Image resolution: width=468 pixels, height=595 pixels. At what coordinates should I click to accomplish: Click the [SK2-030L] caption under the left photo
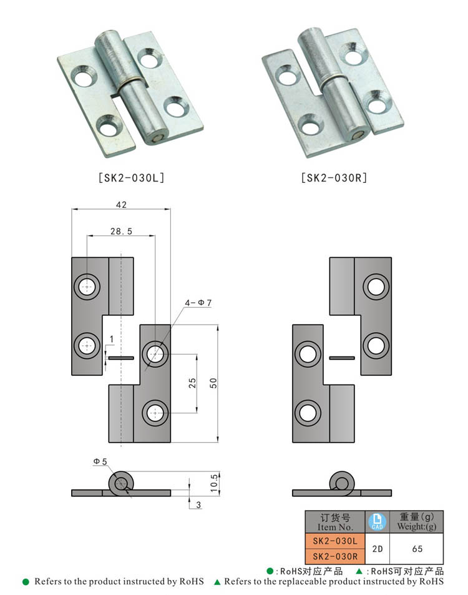click(131, 177)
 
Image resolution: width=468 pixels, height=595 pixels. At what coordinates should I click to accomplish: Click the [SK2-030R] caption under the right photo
click(334, 177)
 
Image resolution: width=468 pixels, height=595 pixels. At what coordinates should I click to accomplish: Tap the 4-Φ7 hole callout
click(198, 303)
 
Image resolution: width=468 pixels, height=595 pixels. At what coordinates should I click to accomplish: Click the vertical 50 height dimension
click(214, 383)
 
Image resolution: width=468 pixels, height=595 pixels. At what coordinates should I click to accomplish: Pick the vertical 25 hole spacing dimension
click(192, 383)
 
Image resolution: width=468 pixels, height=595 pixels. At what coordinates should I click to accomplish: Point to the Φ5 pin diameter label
click(100, 461)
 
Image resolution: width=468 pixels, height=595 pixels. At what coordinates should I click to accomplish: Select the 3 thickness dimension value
click(198, 504)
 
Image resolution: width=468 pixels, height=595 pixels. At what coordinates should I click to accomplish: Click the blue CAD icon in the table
click(376, 521)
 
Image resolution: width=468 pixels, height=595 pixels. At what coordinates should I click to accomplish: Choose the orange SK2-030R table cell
click(334, 556)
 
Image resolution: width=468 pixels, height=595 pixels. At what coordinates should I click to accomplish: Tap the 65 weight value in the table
click(417, 549)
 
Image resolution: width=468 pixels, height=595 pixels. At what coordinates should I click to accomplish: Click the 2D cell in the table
click(376, 549)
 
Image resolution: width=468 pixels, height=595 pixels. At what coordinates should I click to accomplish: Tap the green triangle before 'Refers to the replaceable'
click(217, 582)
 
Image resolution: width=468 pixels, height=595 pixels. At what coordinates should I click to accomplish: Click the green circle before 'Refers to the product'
click(26, 582)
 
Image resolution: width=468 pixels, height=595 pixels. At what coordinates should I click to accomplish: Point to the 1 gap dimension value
click(111, 339)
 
